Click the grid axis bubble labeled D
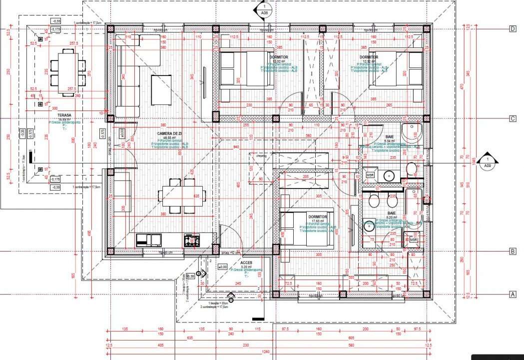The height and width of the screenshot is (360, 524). click(x=513, y=28)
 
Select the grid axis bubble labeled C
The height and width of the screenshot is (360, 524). click(x=513, y=118)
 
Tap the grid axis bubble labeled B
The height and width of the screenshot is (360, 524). click(x=513, y=251)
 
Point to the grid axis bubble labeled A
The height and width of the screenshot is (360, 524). click(x=513, y=294)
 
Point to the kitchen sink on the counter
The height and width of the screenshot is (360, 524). click(x=149, y=240)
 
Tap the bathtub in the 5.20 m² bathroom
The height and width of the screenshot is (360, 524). click(x=415, y=205)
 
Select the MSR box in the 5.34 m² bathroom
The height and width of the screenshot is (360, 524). click(x=371, y=175)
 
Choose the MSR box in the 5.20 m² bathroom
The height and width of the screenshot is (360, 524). click(x=413, y=240)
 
